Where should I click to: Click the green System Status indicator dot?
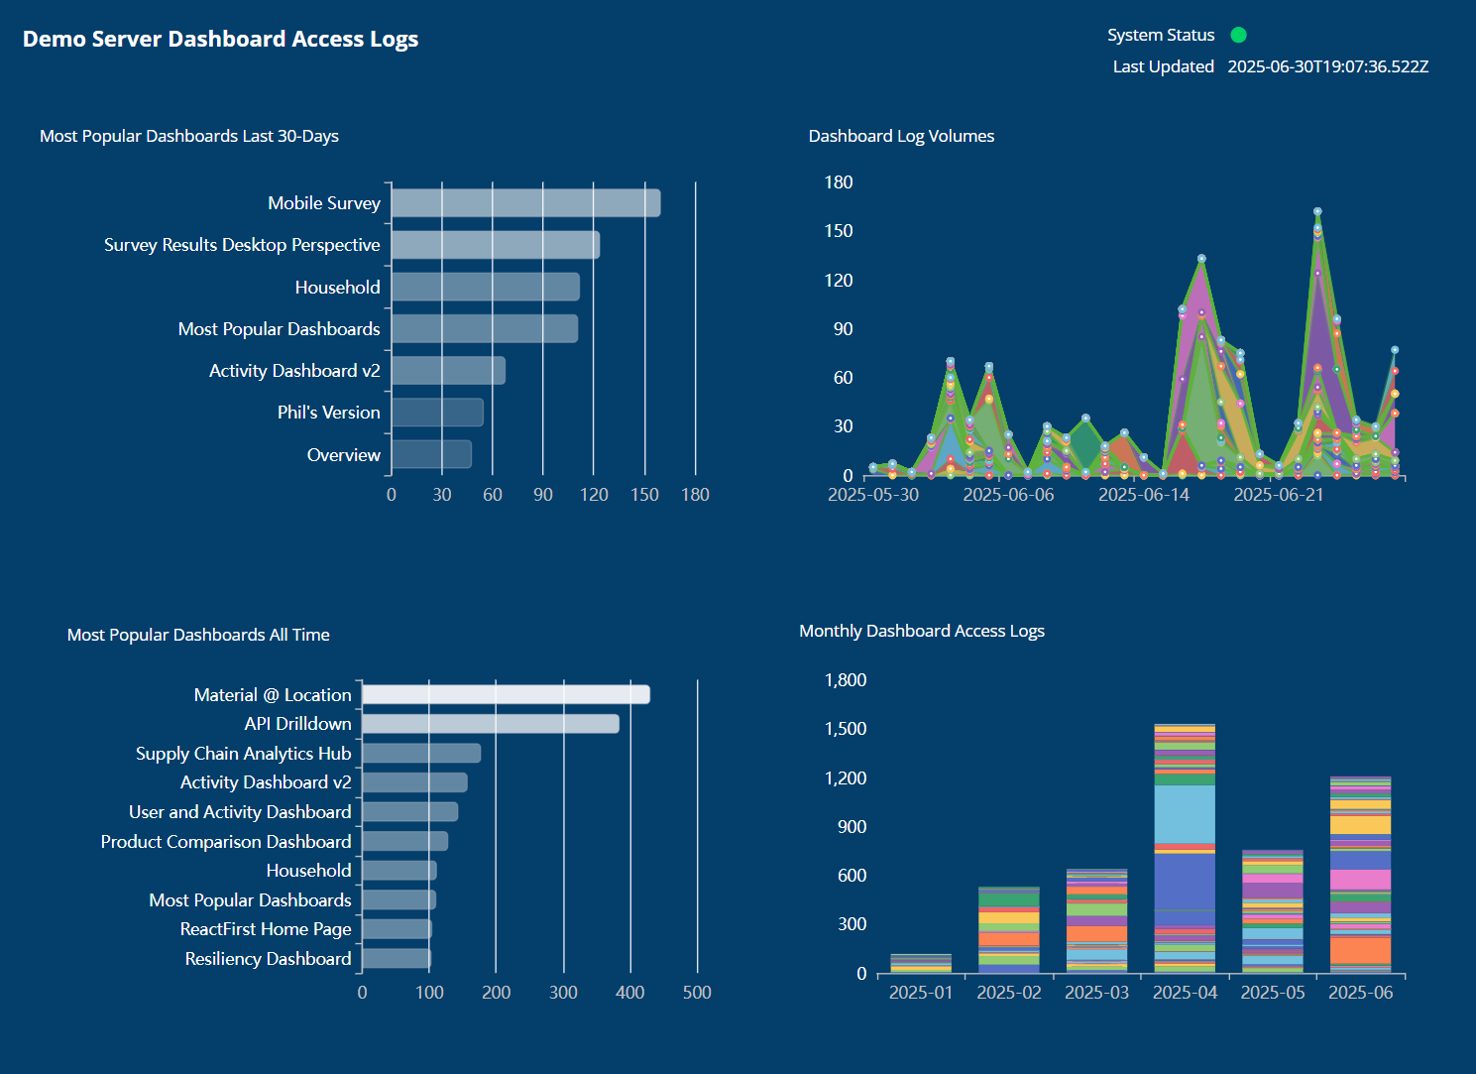(x=1238, y=35)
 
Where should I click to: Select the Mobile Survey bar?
(x=525, y=203)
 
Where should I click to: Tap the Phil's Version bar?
(x=437, y=413)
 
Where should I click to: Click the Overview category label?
(x=343, y=455)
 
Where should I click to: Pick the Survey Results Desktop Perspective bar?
(x=495, y=245)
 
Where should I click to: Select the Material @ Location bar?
(x=506, y=695)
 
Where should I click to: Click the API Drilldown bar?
(x=490, y=724)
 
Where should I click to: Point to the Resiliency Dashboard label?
(x=268, y=959)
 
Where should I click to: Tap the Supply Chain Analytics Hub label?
(x=243, y=754)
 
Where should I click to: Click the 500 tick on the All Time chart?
(x=697, y=993)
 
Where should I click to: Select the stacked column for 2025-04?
(x=1185, y=848)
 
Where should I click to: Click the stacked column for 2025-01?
(x=921, y=964)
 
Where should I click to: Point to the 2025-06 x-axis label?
(x=1360, y=993)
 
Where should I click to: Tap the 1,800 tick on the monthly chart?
(x=845, y=680)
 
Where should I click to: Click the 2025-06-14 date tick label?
(x=1143, y=495)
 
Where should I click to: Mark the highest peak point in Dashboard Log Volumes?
(x=1317, y=211)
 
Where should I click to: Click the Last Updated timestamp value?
(x=1327, y=66)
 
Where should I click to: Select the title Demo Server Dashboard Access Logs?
(x=220, y=39)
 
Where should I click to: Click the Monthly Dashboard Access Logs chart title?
(x=921, y=631)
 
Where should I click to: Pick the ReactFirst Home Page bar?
(x=397, y=929)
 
